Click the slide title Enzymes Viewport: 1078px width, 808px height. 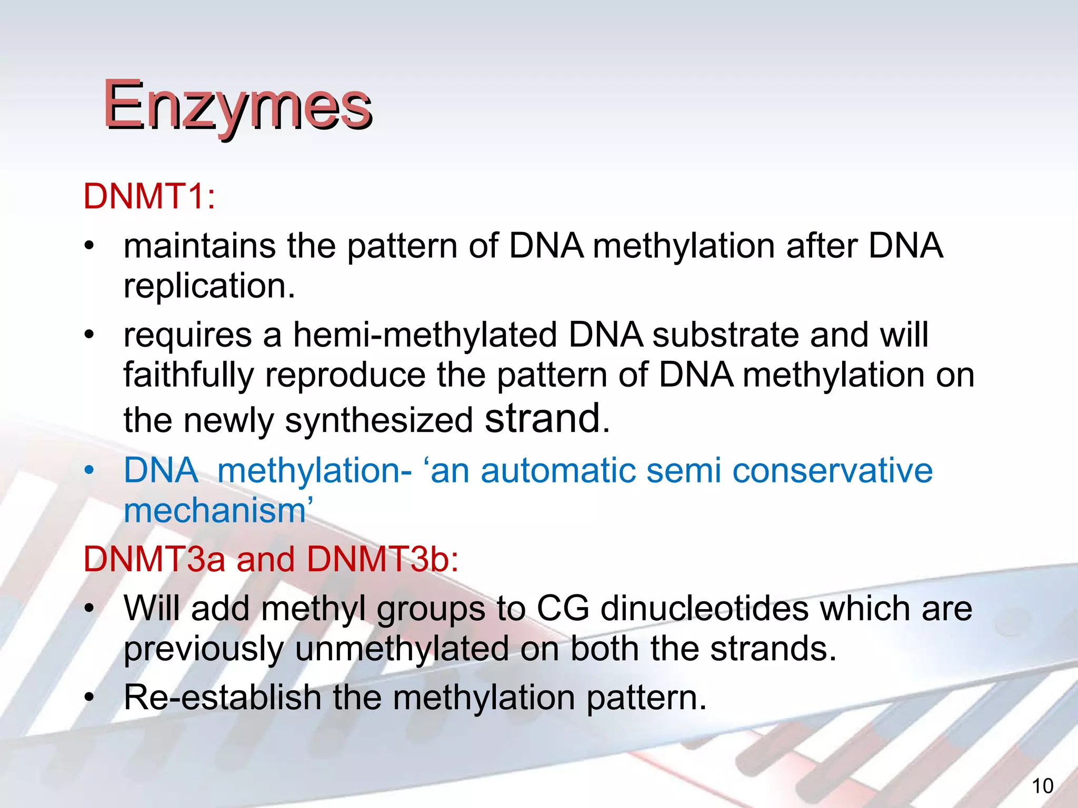click(x=237, y=105)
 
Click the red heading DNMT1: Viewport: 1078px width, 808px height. click(x=149, y=196)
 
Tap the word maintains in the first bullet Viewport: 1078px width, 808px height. click(x=199, y=246)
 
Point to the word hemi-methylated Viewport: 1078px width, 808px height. click(x=425, y=335)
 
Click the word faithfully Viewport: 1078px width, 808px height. click(x=188, y=375)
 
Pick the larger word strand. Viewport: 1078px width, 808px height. click(x=542, y=418)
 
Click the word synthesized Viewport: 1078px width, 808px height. click(x=379, y=421)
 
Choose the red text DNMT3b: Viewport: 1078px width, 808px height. click(x=383, y=559)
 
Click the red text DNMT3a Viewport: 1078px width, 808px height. click(x=154, y=559)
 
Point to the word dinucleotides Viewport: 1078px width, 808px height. click(x=704, y=609)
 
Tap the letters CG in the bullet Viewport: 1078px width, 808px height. click(x=563, y=609)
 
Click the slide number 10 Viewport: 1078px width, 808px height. click(x=1042, y=786)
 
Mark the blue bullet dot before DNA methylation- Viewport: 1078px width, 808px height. click(x=90, y=470)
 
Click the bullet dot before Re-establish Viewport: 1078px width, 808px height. click(x=90, y=698)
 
